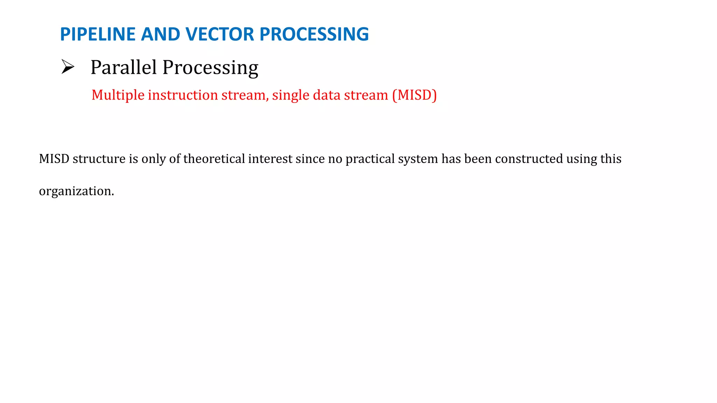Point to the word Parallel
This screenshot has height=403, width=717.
click(x=124, y=67)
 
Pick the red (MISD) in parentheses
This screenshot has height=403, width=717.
click(x=415, y=95)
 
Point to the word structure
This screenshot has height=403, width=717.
click(x=99, y=159)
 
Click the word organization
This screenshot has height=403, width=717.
click(x=76, y=191)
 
